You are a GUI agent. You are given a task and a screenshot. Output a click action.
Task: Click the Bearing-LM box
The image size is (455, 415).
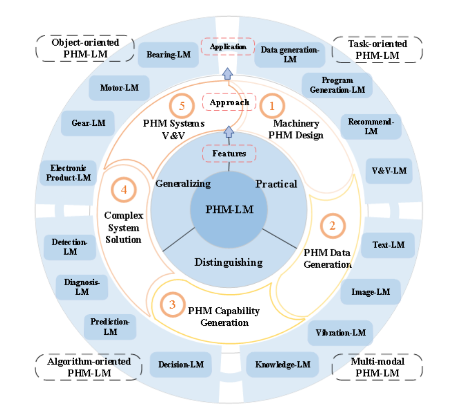click(x=169, y=55)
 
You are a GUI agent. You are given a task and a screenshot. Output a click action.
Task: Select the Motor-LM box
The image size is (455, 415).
click(x=119, y=88)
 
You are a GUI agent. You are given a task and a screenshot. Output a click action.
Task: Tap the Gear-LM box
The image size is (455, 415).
click(x=88, y=123)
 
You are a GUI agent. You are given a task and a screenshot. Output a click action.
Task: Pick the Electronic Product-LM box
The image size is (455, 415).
click(x=68, y=173)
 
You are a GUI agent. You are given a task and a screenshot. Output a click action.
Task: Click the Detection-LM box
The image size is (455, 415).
click(x=70, y=247)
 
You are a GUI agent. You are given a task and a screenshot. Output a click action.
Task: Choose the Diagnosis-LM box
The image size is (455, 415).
click(x=82, y=287)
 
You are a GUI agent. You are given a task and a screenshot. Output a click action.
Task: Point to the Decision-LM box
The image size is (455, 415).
click(x=181, y=364)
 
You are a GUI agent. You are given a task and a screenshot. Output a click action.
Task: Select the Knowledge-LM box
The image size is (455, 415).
click(x=282, y=364)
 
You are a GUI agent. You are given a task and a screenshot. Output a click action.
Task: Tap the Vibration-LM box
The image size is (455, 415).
click(x=340, y=333)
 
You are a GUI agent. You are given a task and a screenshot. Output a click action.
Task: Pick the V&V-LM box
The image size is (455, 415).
click(x=389, y=171)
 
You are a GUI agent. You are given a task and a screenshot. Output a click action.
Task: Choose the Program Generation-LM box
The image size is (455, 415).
click(x=337, y=85)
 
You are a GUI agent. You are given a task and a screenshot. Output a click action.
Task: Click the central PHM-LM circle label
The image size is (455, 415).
click(x=229, y=209)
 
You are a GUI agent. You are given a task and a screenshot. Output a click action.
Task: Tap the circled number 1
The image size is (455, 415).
click(x=272, y=106)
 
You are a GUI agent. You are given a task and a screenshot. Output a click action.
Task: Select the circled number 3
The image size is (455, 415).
click(x=172, y=304)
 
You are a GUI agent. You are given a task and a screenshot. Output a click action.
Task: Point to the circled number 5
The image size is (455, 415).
click(x=182, y=106)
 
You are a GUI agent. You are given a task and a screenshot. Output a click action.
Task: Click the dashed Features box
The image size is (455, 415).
click(x=229, y=153)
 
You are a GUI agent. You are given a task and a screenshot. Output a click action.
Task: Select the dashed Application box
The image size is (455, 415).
click(x=228, y=47)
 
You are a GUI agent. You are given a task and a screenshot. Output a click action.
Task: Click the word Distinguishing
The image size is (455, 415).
click(x=228, y=262)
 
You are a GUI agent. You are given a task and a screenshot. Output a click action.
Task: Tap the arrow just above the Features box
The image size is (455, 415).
click(x=229, y=132)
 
